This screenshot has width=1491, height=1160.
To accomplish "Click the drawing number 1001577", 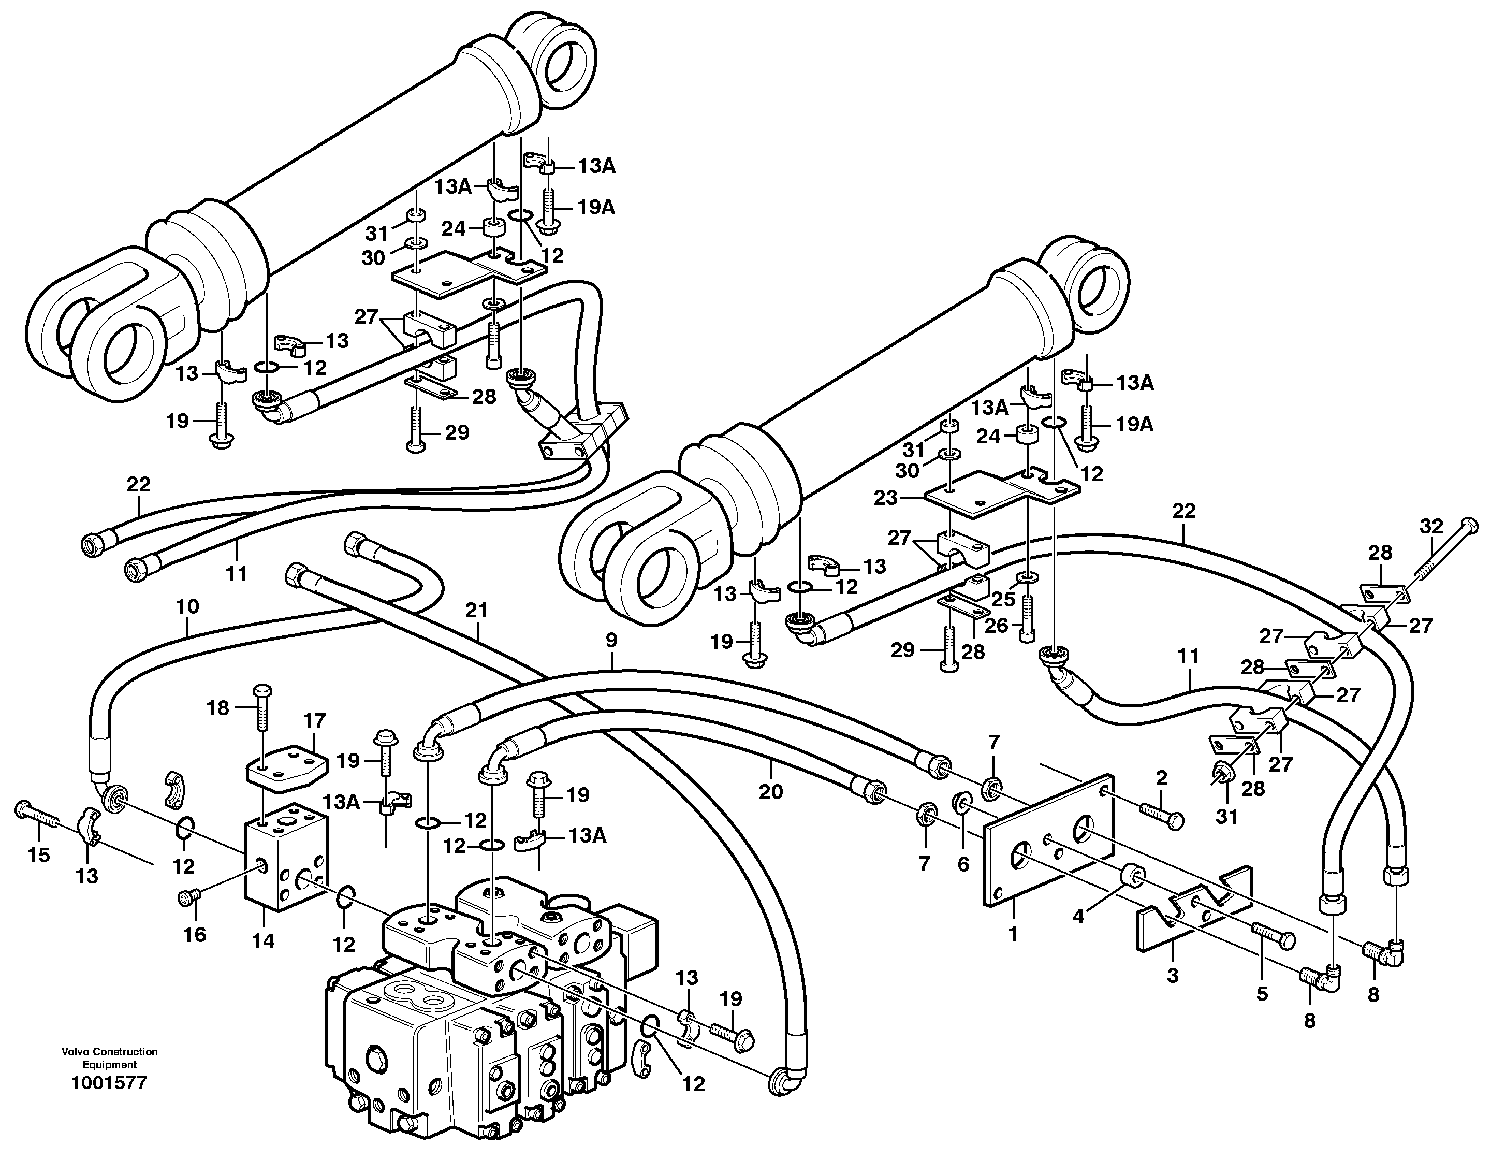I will click(109, 1083).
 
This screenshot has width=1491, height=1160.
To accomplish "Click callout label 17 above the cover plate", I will click(315, 720).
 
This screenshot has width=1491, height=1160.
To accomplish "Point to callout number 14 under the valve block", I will click(263, 941).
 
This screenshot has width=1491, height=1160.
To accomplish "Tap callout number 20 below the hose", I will click(771, 791).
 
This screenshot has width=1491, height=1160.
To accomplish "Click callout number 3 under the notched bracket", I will click(1172, 976).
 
